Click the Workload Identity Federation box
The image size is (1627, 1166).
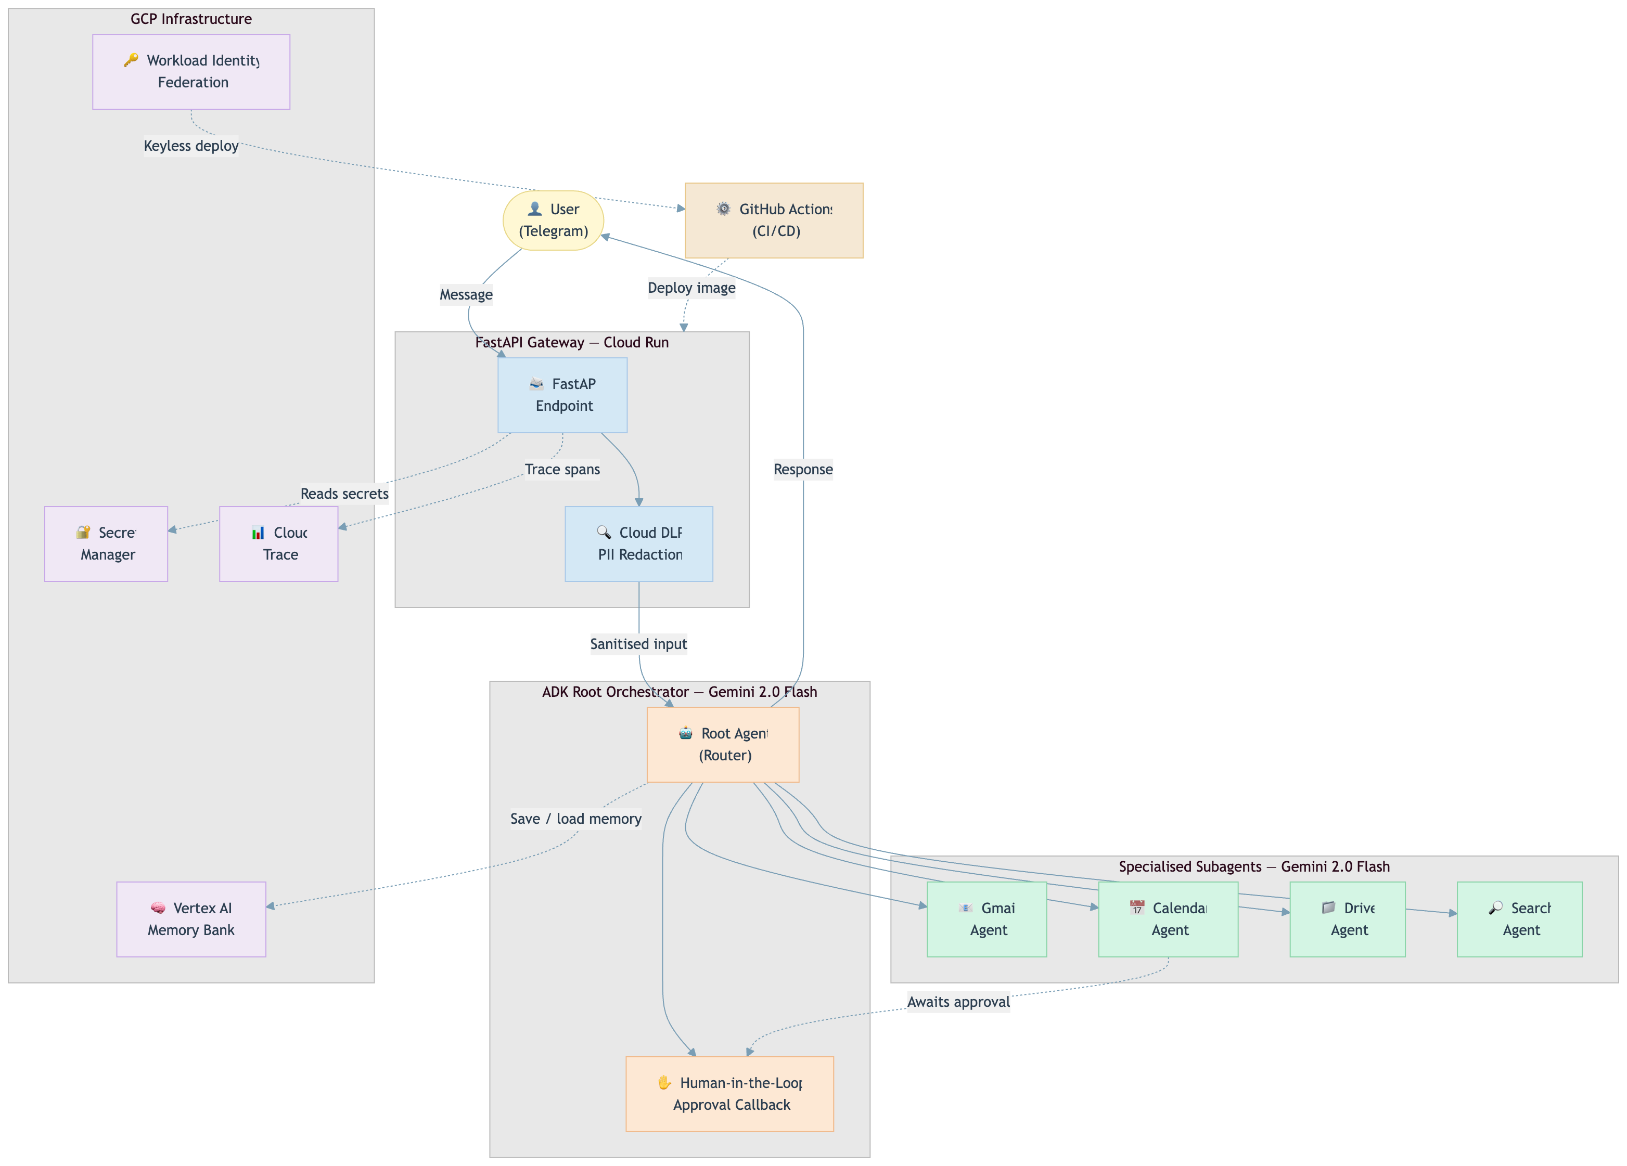(x=191, y=72)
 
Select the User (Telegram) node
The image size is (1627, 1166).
(x=553, y=220)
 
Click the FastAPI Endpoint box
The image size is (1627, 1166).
(x=562, y=395)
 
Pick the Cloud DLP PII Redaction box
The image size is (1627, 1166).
(x=638, y=543)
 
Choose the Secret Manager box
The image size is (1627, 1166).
(x=106, y=543)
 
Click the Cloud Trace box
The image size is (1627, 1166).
(x=278, y=543)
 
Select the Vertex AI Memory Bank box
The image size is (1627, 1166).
(x=191, y=918)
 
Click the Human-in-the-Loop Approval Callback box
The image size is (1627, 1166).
(x=729, y=1094)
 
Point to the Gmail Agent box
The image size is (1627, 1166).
(x=987, y=918)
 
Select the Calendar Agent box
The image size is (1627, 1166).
(x=1168, y=918)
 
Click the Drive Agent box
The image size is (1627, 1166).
(x=1347, y=918)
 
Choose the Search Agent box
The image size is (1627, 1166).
(x=1519, y=918)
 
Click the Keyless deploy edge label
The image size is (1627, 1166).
(x=191, y=146)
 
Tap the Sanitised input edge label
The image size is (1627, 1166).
(x=638, y=644)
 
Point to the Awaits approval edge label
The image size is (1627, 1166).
(x=958, y=1002)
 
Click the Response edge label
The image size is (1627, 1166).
(x=803, y=469)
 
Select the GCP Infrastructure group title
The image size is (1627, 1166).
(x=191, y=19)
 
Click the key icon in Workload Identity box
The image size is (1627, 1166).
(x=131, y=60)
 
